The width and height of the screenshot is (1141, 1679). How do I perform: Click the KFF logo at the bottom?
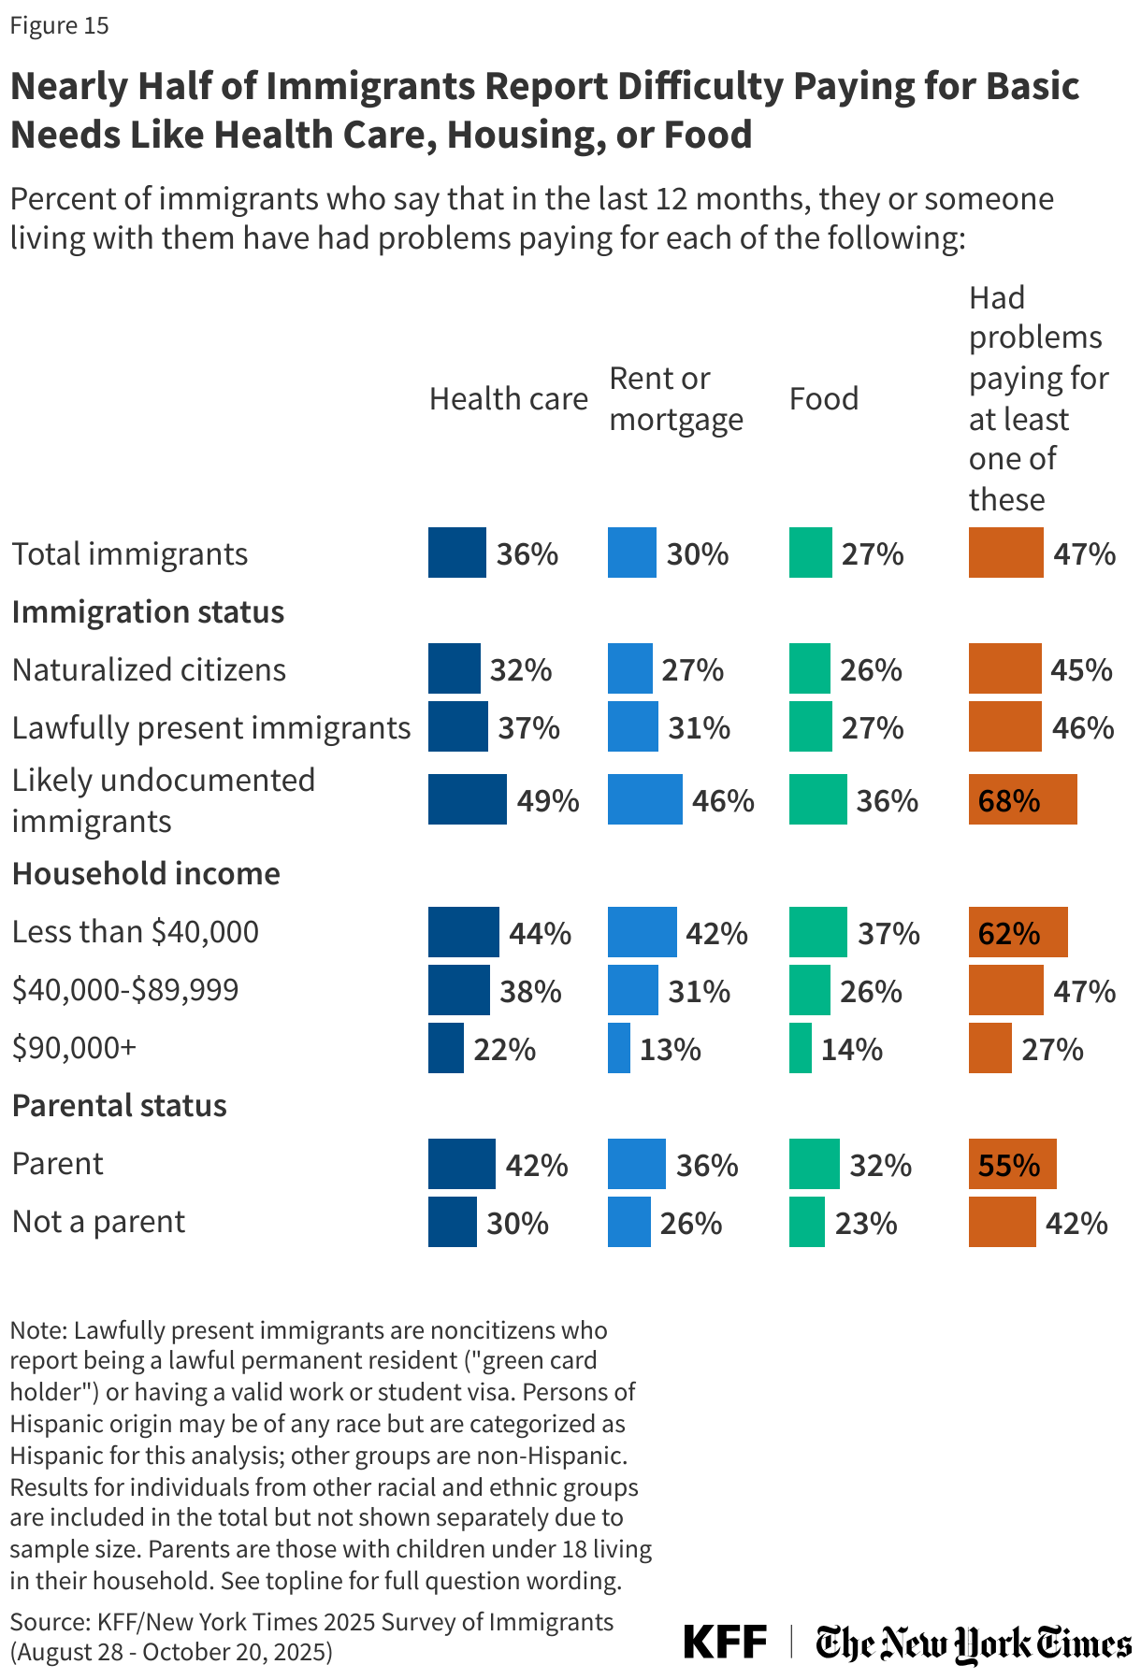[725, 1642]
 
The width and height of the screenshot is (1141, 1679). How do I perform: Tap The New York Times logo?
[973, 1643]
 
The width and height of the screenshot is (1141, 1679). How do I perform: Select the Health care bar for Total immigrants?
[456, 552]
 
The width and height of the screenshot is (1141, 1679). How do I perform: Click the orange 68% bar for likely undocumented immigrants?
[1022, 799]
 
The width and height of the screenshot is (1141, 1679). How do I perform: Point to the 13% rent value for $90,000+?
[671, 1049]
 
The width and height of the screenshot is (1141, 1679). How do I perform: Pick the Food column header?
[823, 399]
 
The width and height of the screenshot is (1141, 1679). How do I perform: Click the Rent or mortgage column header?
[675, 399]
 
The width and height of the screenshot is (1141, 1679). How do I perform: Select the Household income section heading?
[146, 873]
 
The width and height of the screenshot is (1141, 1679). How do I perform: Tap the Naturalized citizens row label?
[149, 670]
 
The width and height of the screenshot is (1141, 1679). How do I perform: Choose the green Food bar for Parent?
[814, 1164]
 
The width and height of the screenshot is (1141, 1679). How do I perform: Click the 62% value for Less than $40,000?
[1008, 933]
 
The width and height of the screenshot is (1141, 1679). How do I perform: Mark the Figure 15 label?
[59, 25]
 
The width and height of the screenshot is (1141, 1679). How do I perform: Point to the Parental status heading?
[119, 1105]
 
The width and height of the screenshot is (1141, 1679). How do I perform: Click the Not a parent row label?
[98, 1222]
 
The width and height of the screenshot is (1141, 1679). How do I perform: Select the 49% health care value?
[548, 800]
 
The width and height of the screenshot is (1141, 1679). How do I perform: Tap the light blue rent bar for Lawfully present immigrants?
[632, 727]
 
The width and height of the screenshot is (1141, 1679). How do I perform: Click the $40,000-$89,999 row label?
[125, 990]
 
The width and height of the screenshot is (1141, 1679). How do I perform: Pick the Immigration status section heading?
[148, 612]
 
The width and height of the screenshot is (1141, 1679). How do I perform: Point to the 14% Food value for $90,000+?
[851, 1049]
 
